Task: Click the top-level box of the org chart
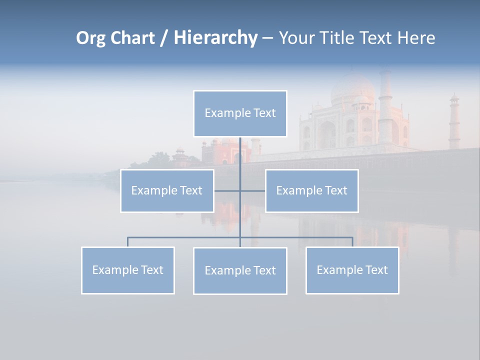240,113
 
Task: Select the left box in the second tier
167,190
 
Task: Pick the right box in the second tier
311,190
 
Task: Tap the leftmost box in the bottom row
128,270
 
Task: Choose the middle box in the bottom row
240,270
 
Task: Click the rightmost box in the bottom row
352,270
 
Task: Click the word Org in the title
91,38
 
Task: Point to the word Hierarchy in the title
215,38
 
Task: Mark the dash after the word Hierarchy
267,38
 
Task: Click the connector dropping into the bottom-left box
128,242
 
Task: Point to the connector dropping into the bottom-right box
352,242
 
